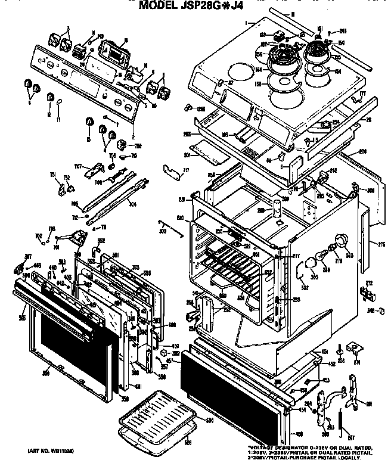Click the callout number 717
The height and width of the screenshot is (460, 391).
coord(185,171)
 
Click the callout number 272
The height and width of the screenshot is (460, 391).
coord(369,282)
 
